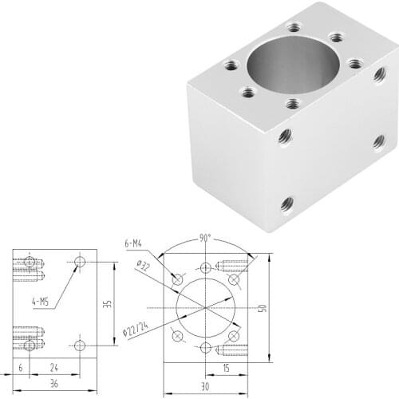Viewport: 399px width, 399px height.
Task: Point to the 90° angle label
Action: coord(207,239)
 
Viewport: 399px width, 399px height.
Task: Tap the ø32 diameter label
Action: coord(144,267)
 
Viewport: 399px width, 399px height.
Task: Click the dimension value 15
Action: coord(226,368)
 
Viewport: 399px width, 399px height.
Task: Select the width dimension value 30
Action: coord(206,387)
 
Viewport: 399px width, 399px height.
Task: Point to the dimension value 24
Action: coord(53,368)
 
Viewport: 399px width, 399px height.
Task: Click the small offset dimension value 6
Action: coord(21,368)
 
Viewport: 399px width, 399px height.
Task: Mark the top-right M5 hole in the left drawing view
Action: coord(79,262)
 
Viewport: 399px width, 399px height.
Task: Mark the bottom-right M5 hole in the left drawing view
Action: coord(79,345)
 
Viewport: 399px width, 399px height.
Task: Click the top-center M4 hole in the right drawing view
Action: coord(207,267)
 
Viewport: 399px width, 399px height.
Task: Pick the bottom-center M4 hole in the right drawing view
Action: coord(207,347)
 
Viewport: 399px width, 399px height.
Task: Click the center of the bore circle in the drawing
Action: coord(207,307)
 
